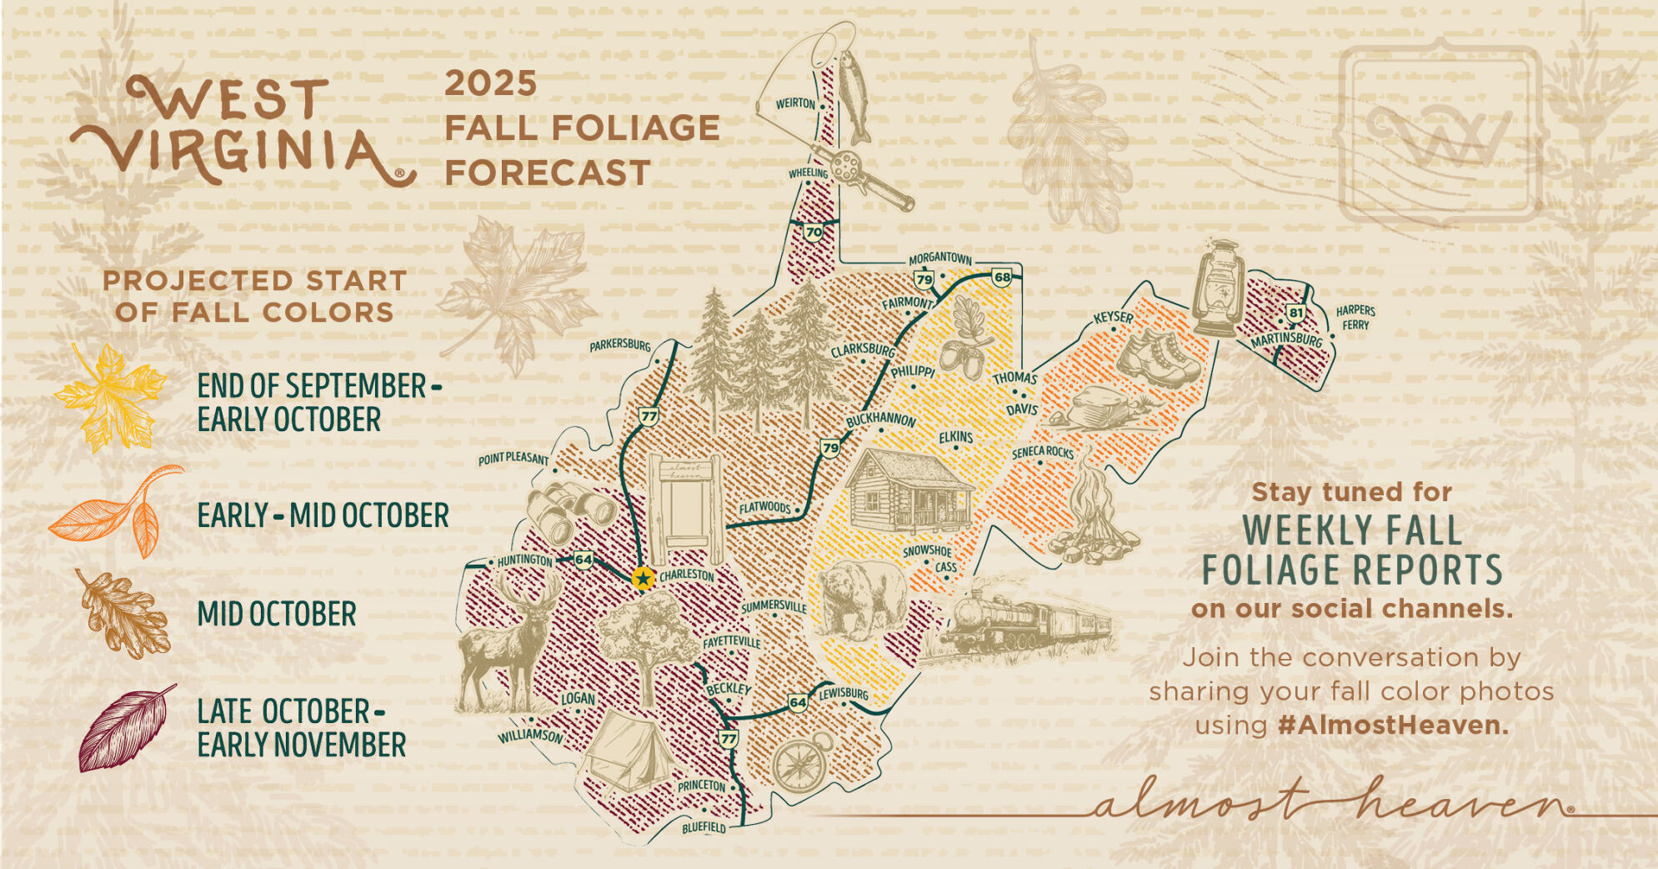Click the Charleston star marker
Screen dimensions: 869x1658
[x=643, y=578]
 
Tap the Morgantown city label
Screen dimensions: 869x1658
[x=939, y=258]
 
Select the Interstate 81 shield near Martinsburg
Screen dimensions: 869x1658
[x=1295, y=313]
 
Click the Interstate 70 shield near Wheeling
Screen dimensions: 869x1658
[x=814, y=232]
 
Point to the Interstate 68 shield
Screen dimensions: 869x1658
[x=1002, y=277]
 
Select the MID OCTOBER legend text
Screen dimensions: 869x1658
[x=277, y=615]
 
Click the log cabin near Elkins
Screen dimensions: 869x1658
[x=909, y=490]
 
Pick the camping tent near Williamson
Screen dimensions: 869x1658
[x=627, y=750]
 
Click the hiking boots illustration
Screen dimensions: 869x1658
[x=1159, y=357]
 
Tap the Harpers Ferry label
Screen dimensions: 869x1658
[x=1355, y=318]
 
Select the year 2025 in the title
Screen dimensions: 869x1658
[x=490, y=83]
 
